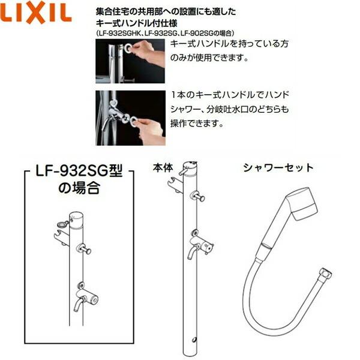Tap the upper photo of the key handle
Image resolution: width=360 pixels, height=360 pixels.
(x=130, y=62)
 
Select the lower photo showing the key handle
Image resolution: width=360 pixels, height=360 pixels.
(x=130, y=118)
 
